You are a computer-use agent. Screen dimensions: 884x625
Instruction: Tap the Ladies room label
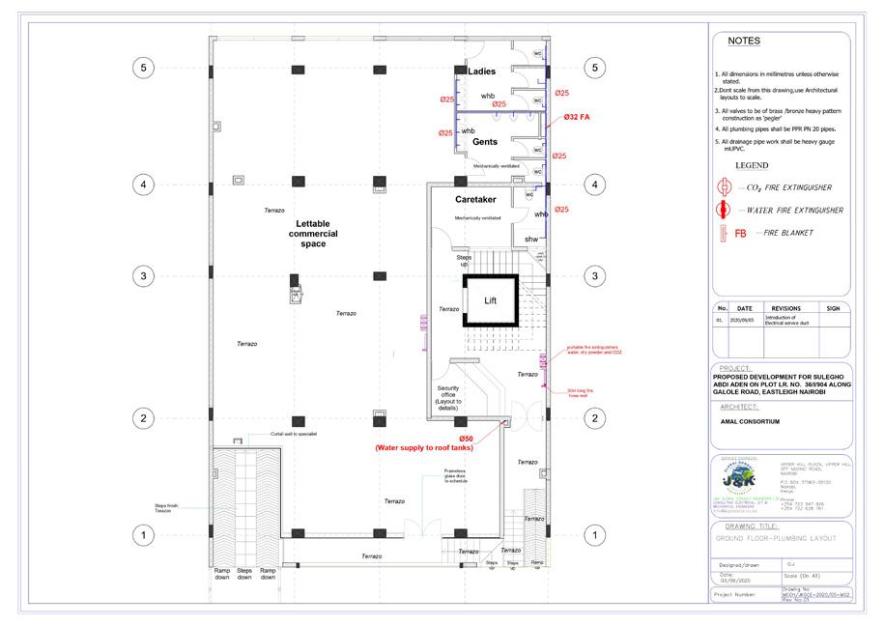481,71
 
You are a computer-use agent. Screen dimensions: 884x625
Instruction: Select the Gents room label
484,142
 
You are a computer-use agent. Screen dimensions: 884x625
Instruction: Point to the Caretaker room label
475,199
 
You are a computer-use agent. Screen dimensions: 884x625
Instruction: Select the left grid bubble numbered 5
143,68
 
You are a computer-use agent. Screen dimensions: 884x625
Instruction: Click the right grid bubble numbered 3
596,276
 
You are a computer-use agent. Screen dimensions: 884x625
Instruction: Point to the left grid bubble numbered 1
143,534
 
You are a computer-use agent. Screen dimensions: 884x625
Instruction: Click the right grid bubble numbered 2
596,417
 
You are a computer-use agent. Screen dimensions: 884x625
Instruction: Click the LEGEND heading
752,166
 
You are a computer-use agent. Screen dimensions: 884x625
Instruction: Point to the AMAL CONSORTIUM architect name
749,421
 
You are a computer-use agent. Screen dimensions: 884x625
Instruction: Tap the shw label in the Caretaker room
530,239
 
